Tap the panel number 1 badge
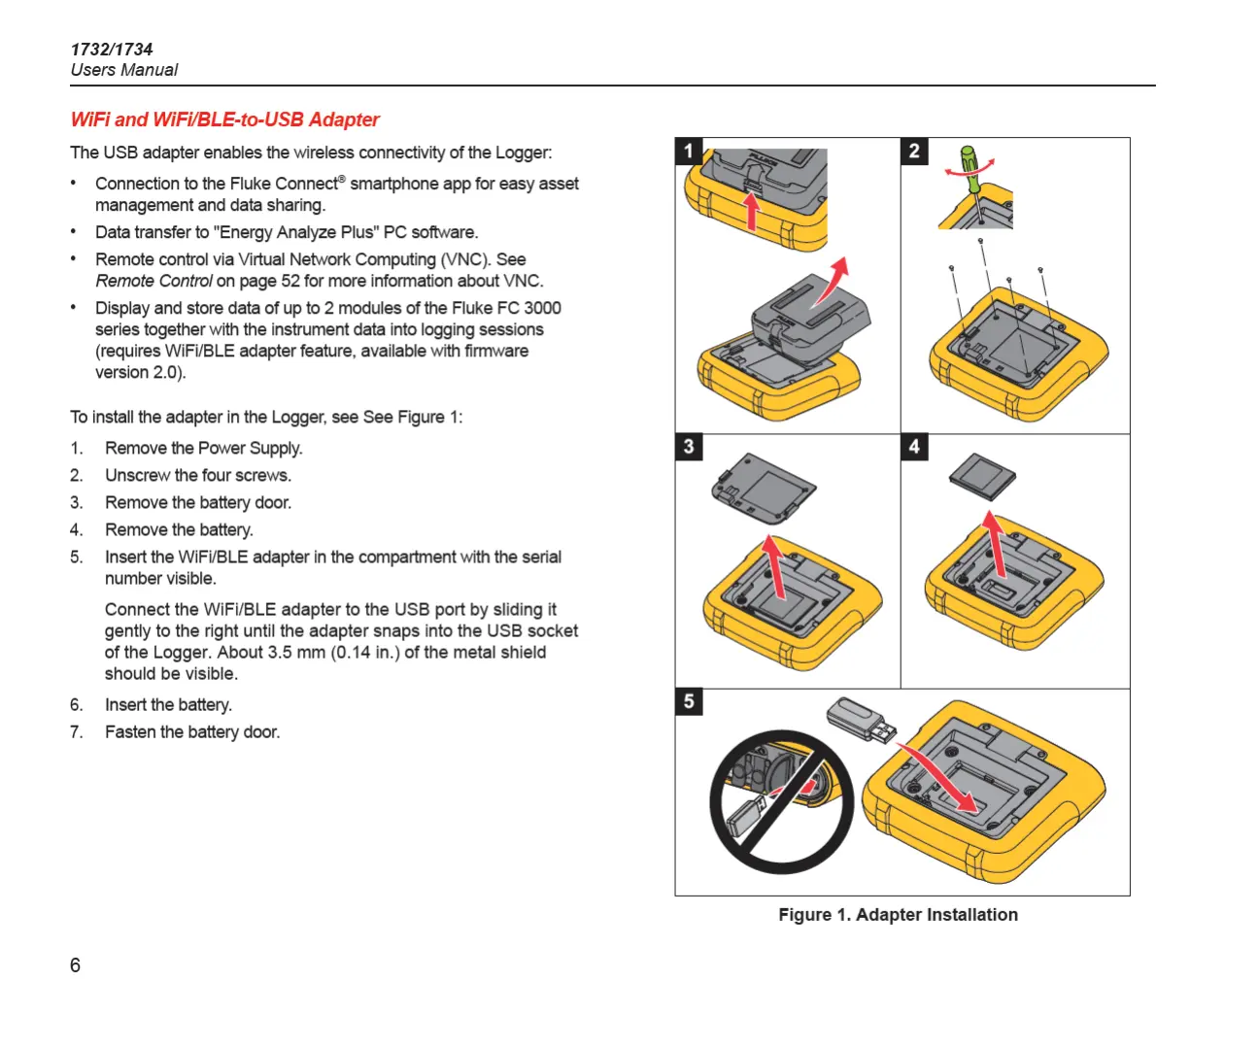coord(689,151)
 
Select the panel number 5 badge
coord(689,701)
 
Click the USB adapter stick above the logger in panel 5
coord(861,720)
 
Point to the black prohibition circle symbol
coord(781,802)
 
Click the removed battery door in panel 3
coord(764,489)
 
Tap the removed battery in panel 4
coord(982,476)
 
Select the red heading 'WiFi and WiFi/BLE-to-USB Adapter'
coord(224,119)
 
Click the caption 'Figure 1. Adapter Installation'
coord(898,915)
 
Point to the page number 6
coord(75,964)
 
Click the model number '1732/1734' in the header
coord(112,50)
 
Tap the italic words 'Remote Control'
coord(153,282)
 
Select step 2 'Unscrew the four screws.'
coord(198,475)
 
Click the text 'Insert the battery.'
coord(168,704)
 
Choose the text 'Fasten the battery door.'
coord(191,731)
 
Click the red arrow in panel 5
coord(937,777)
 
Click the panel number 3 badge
coord(689,447)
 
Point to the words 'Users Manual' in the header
coord(124,70)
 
